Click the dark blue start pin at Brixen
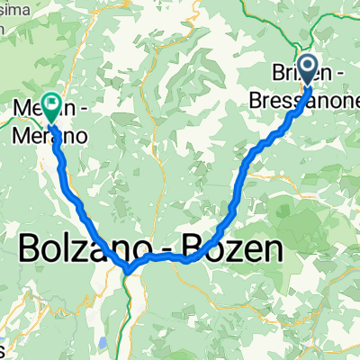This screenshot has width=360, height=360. pyautogui.click(x=308, y=69)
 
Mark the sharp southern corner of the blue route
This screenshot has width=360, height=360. pyautogui.click(x=129, y=267)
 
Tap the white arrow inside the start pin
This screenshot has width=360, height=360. pyautogui.click(x=308, y=67)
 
